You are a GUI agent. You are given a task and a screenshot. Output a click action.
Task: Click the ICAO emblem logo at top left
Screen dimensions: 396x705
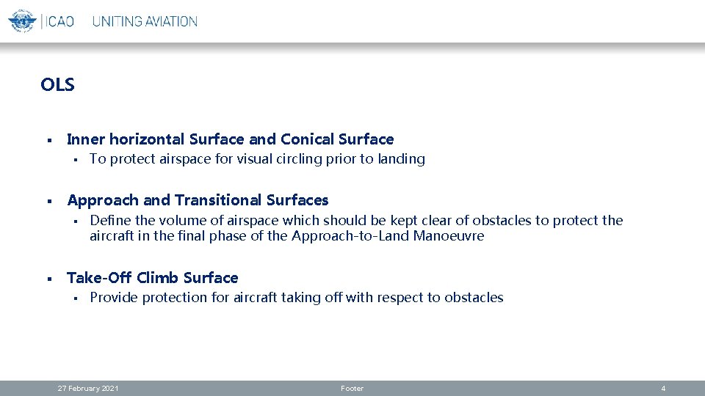[x=22, y=21]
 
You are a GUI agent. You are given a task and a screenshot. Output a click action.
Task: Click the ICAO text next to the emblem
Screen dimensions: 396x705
[x=59, y=21]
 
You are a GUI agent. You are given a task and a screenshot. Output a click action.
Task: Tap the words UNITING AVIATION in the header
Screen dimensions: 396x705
[x=145, y=21]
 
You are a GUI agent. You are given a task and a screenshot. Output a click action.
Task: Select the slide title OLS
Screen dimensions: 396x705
[x=57, y=85]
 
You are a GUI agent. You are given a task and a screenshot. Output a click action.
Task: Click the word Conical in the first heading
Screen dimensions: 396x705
[x=308, y=139]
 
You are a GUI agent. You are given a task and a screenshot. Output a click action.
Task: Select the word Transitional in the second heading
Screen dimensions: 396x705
[x=218, y=200]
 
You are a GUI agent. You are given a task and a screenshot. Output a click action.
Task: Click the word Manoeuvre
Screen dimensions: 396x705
[x=449, y=236]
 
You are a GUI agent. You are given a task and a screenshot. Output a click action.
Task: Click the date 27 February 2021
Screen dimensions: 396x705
[x=88, y=389]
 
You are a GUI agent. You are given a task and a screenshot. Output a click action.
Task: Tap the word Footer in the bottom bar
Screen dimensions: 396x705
[x=352, y=389]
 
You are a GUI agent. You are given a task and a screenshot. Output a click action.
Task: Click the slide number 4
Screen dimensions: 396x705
[x=663, y=389]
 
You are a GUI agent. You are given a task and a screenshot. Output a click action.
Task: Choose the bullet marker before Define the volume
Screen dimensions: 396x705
[x=74, y=221]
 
